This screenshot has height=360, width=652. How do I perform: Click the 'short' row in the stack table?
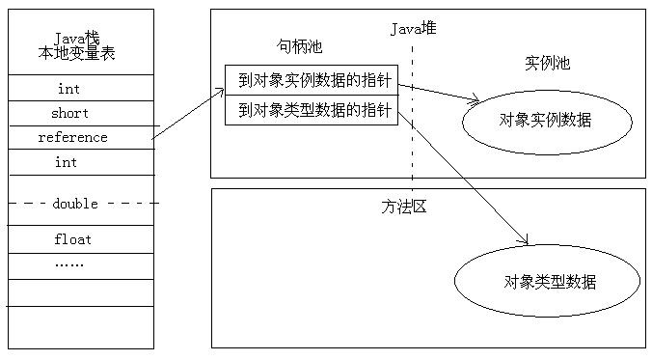click(x=69, y=113)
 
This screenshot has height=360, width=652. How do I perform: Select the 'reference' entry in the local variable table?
click(x=72, y=137)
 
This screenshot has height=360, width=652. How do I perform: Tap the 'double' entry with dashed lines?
click(x=75, y=203)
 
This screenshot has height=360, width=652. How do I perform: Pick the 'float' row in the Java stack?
click(x=72, y=238)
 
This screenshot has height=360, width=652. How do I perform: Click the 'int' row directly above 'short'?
click(x=68, y=89)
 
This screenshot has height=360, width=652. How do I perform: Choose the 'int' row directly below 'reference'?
click(x=66, y=162)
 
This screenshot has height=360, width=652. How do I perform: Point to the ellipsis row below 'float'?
click(x=68, y=263)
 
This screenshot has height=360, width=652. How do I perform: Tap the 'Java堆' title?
click(x=413, y=29)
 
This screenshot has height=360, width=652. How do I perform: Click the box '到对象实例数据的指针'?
click(x=311, y=81)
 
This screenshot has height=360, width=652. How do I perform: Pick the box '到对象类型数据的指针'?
click(x=311, y=110)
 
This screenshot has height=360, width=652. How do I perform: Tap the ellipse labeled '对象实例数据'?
click(x=546, y=121)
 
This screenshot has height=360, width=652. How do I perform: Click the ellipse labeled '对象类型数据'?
click(x=548, y=282)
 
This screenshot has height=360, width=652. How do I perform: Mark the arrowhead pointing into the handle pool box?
click(x=219, y=91)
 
